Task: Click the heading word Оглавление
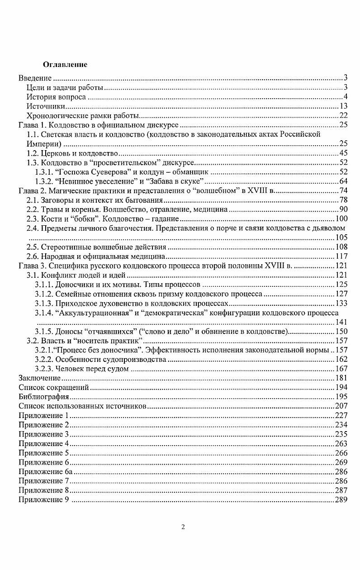[x=65, y=65]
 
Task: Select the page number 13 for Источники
[x=343, y=106]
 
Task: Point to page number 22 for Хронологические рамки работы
[x=343, y=116]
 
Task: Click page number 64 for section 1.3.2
[x=343, y=181]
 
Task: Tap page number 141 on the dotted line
[x=341, y=322]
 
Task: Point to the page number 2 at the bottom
[x=183, y=527]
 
